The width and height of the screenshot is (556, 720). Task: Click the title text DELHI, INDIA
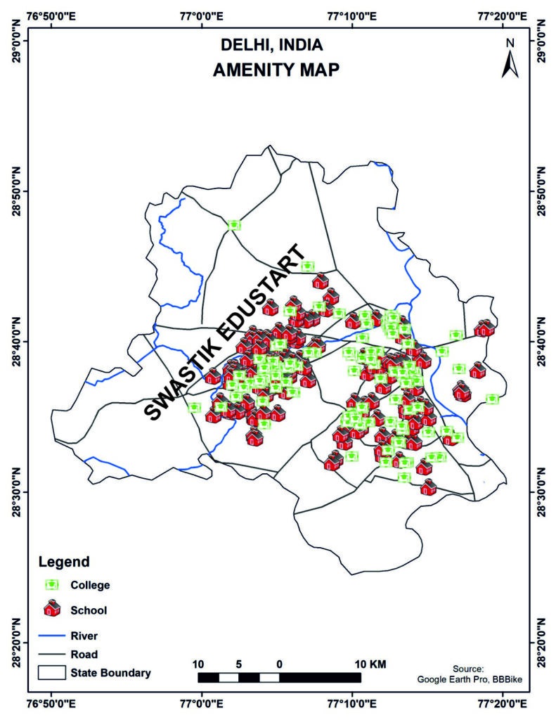(x=272, y=46)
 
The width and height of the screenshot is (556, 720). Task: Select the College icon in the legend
(x=52, y=585)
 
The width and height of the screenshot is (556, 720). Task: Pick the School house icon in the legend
(x=52, y=609)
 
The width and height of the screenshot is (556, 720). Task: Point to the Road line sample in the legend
(x=51, y=654)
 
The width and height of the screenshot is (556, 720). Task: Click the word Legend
(x=63, y=562)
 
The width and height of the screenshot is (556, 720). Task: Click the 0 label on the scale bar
(x=280, y=664)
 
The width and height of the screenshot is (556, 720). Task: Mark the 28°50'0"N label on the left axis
(x=15, y=191)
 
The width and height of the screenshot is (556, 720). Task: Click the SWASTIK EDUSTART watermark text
(x=225, y=334)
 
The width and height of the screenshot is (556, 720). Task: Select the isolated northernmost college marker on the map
(x=234, y=225)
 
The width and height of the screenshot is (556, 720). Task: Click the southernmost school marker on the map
(x=428, y=487)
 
